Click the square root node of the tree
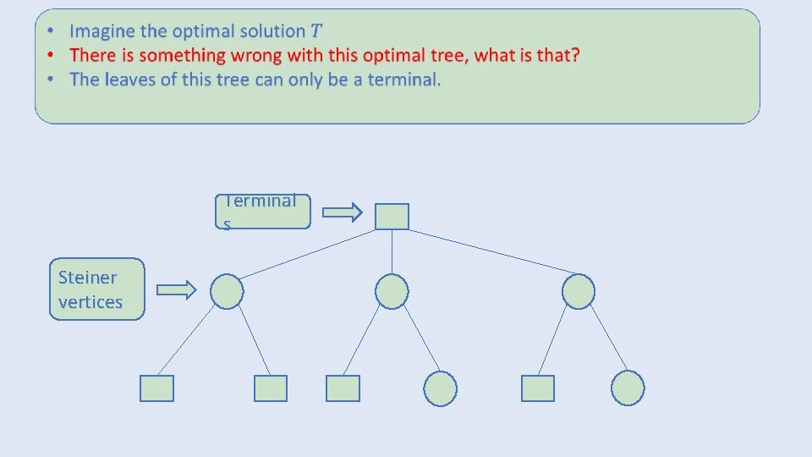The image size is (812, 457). tap(392, 217)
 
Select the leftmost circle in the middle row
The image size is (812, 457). tap(227, 291)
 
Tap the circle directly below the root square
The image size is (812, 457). tap(392, 291)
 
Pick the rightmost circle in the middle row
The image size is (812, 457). tap(579, 291)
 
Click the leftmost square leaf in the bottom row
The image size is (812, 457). tap(156, 388)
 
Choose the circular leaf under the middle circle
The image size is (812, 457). tap(440, 388)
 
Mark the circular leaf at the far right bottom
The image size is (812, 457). tap(628, 388)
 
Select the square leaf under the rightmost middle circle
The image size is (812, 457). tap(537, 388)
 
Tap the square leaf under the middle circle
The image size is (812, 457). tap(343, 388)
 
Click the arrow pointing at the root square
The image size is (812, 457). tap(343, 212)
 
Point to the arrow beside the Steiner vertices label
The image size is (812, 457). tap(177, 291)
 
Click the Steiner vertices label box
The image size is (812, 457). tap(96, 289)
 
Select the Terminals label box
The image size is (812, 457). tap(262, 212)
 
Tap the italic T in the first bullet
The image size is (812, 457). tap(316, 31)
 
